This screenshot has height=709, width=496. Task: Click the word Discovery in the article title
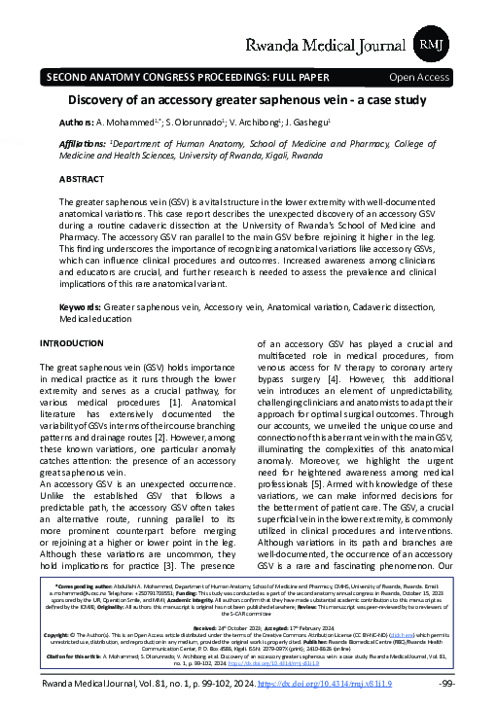tap(102, 101)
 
